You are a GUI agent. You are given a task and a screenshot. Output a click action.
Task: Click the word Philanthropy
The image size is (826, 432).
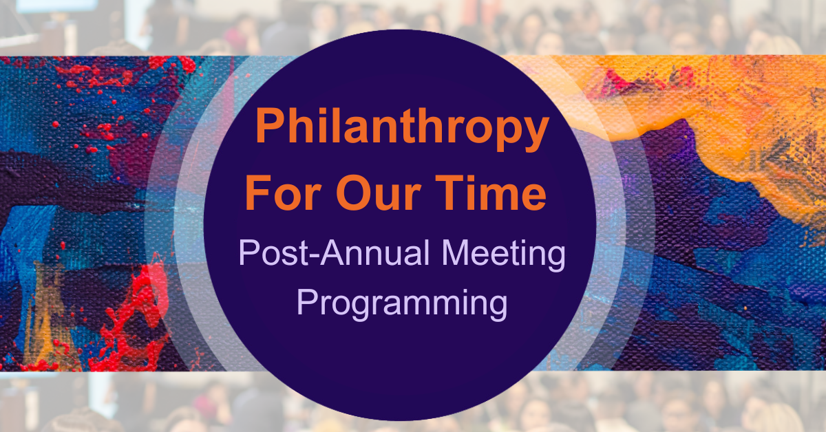pos(402,129)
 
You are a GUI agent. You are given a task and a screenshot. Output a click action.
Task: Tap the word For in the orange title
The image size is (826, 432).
pos(283,193)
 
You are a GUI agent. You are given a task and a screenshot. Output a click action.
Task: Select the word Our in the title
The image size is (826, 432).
pos(379,193)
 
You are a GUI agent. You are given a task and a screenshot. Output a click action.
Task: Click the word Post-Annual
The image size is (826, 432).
pos(334,252)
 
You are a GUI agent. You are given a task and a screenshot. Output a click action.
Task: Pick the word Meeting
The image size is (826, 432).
pos(503,255)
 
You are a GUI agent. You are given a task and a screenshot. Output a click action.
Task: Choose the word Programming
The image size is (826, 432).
pos(402,305)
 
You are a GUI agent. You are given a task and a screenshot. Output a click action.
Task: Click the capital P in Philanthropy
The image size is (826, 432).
pos(272,125)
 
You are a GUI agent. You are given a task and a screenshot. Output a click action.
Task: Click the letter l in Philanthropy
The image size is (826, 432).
pos(333,125)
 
